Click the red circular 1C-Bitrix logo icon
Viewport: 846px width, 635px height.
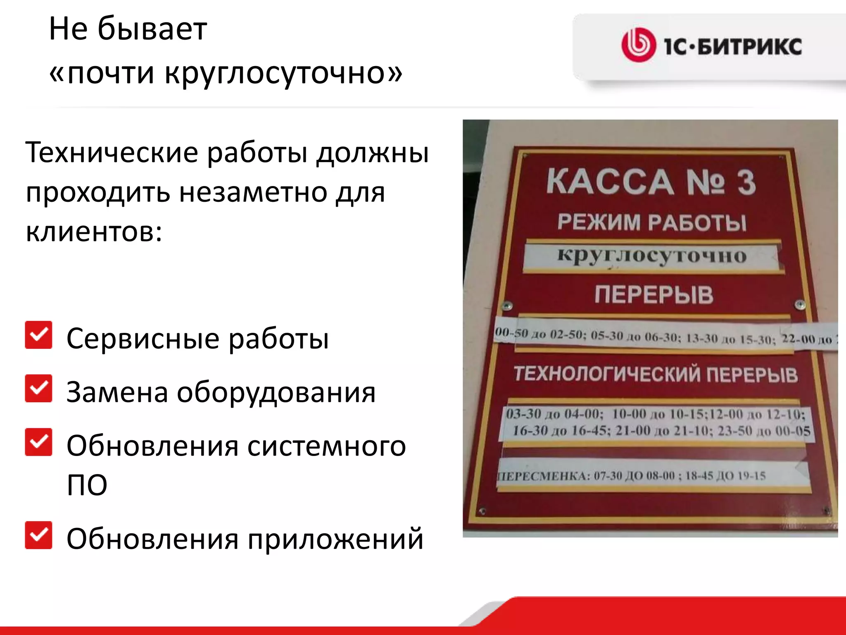pyautogui.click(x=638, y=45)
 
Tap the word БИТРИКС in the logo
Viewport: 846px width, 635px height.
pyautogui.click(x=749, y=46)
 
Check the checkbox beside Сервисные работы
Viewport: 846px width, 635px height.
pyautogui.click(x=38, y=335)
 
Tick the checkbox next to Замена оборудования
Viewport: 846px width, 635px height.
pyautogui.click(x=38, y=389)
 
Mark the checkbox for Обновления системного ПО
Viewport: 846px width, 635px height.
pyautogui.click(x=38, y=442)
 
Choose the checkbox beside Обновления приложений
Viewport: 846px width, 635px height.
pyautogui.click(x=38, y=535)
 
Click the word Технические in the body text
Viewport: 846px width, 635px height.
pyautogui.click(x=112, y=153)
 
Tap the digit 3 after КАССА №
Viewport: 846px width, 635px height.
pyautogui.click(x=746, y=182)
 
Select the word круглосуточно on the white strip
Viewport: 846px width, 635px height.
pyautogui.click(x=652, y=255)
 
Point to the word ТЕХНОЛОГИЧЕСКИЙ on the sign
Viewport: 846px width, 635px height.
pyautogui.click(x=607, y=374)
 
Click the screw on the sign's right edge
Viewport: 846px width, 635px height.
pyautogui.click(x=800, y=305)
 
